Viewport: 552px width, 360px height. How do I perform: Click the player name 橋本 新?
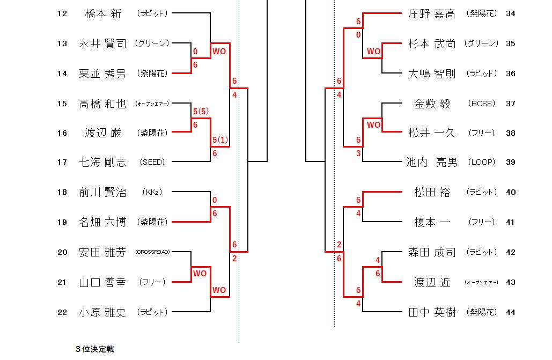(x=103, y=13)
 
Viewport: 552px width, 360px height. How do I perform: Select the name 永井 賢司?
(x=103, y=43)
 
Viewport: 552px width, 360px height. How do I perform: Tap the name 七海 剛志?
(x=103, y=161)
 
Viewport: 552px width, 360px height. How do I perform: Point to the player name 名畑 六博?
(x=103, y=222)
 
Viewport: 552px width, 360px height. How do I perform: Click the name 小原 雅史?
(x=103, y=312)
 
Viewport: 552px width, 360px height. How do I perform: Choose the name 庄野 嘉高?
(x=432, y=13)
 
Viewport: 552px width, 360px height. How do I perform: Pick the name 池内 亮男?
(x=432, y=161)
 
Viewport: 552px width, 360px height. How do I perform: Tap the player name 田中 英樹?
(x=432, y=312)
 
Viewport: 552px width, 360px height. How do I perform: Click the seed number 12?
(x=62, y=13)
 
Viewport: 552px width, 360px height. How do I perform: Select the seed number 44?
(x=510, y=312)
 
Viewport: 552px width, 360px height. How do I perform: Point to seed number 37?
(x=510, y=104)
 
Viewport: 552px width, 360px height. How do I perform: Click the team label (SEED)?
(x=152, y=161)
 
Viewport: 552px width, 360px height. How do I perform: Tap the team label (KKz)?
(x=152, y=192)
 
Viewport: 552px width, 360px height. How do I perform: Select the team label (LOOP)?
(x=481, y=161)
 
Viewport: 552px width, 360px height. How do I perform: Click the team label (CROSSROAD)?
(x=152, y=252)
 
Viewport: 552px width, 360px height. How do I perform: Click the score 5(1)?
(x=220, y=139)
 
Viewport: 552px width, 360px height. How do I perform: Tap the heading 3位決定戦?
(x=95, y=349)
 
